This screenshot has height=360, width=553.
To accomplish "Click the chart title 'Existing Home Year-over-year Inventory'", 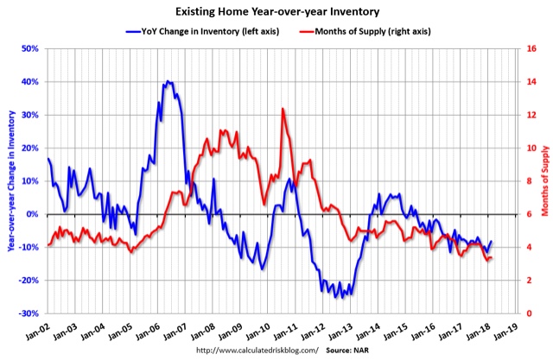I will (x=276, y=11).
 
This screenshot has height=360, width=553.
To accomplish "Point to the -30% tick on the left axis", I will (x=30, y=313).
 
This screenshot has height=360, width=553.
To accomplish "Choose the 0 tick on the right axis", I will (x=526, y=313).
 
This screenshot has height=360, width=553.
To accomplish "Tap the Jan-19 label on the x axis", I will (x=506, y=331).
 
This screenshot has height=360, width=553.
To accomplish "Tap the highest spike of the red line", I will (x=283, y=109).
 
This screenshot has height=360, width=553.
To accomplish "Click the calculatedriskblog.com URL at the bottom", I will (x=257, y=350).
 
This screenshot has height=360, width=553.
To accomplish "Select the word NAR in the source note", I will (x=359, y=350).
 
